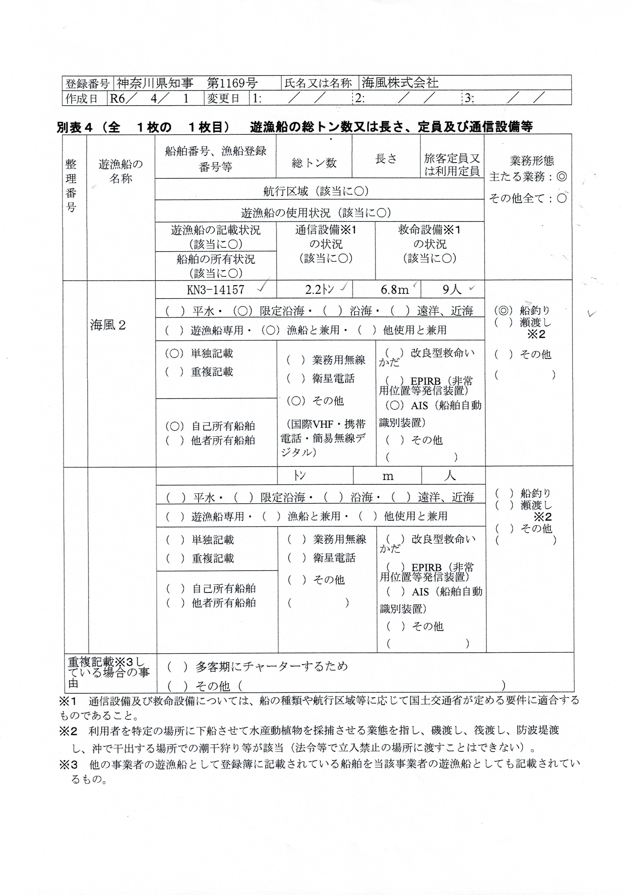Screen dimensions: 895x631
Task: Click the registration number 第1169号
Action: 232,83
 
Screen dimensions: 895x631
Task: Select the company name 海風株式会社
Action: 400,83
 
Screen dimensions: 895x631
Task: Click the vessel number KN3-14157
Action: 216,290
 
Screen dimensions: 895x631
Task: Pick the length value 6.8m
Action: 394,290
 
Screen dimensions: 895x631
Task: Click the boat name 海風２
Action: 108,325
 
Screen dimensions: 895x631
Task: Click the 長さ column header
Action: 386,159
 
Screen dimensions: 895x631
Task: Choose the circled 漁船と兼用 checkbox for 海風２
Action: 271,330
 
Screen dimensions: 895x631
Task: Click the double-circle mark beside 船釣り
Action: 503,311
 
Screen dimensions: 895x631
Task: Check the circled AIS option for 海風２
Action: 394,405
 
